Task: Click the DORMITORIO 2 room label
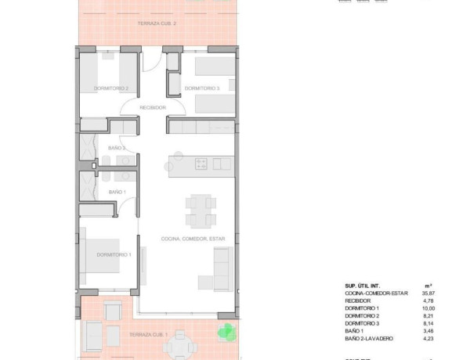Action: [x=110, y=88]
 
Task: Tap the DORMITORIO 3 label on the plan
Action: [x=201, y=88]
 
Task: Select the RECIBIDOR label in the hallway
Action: [x=153, y=107]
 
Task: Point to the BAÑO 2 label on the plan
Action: [x=117, y=147]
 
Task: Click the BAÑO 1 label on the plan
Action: [x=116, y=192]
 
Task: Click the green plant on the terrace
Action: [x=225, y=331]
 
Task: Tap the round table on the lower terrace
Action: [x=182, y=341]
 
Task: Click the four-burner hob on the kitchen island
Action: [x=201, y=164]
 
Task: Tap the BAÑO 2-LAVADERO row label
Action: [x=369, y=338]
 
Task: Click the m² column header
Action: [x=428, y=285]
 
